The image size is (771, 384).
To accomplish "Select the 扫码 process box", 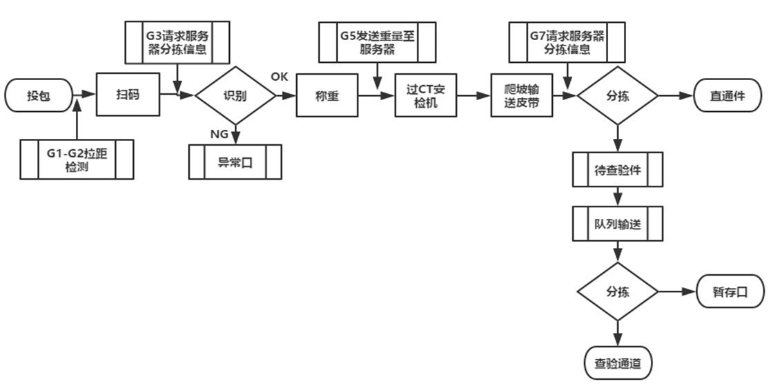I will point(128,95).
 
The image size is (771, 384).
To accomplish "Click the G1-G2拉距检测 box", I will point(77,160).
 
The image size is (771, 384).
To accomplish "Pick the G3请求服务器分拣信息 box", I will point(177,42).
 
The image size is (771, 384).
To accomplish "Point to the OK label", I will point(280,77).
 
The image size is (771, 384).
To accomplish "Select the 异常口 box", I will point(235,162).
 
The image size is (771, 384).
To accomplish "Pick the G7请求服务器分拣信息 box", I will point(567,42).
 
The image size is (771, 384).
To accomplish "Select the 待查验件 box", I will point(617,170).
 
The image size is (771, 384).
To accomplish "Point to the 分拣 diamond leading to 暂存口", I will point(617,291).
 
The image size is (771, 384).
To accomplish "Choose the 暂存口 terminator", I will point(730,291).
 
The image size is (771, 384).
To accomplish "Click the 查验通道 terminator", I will point(617,362).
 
